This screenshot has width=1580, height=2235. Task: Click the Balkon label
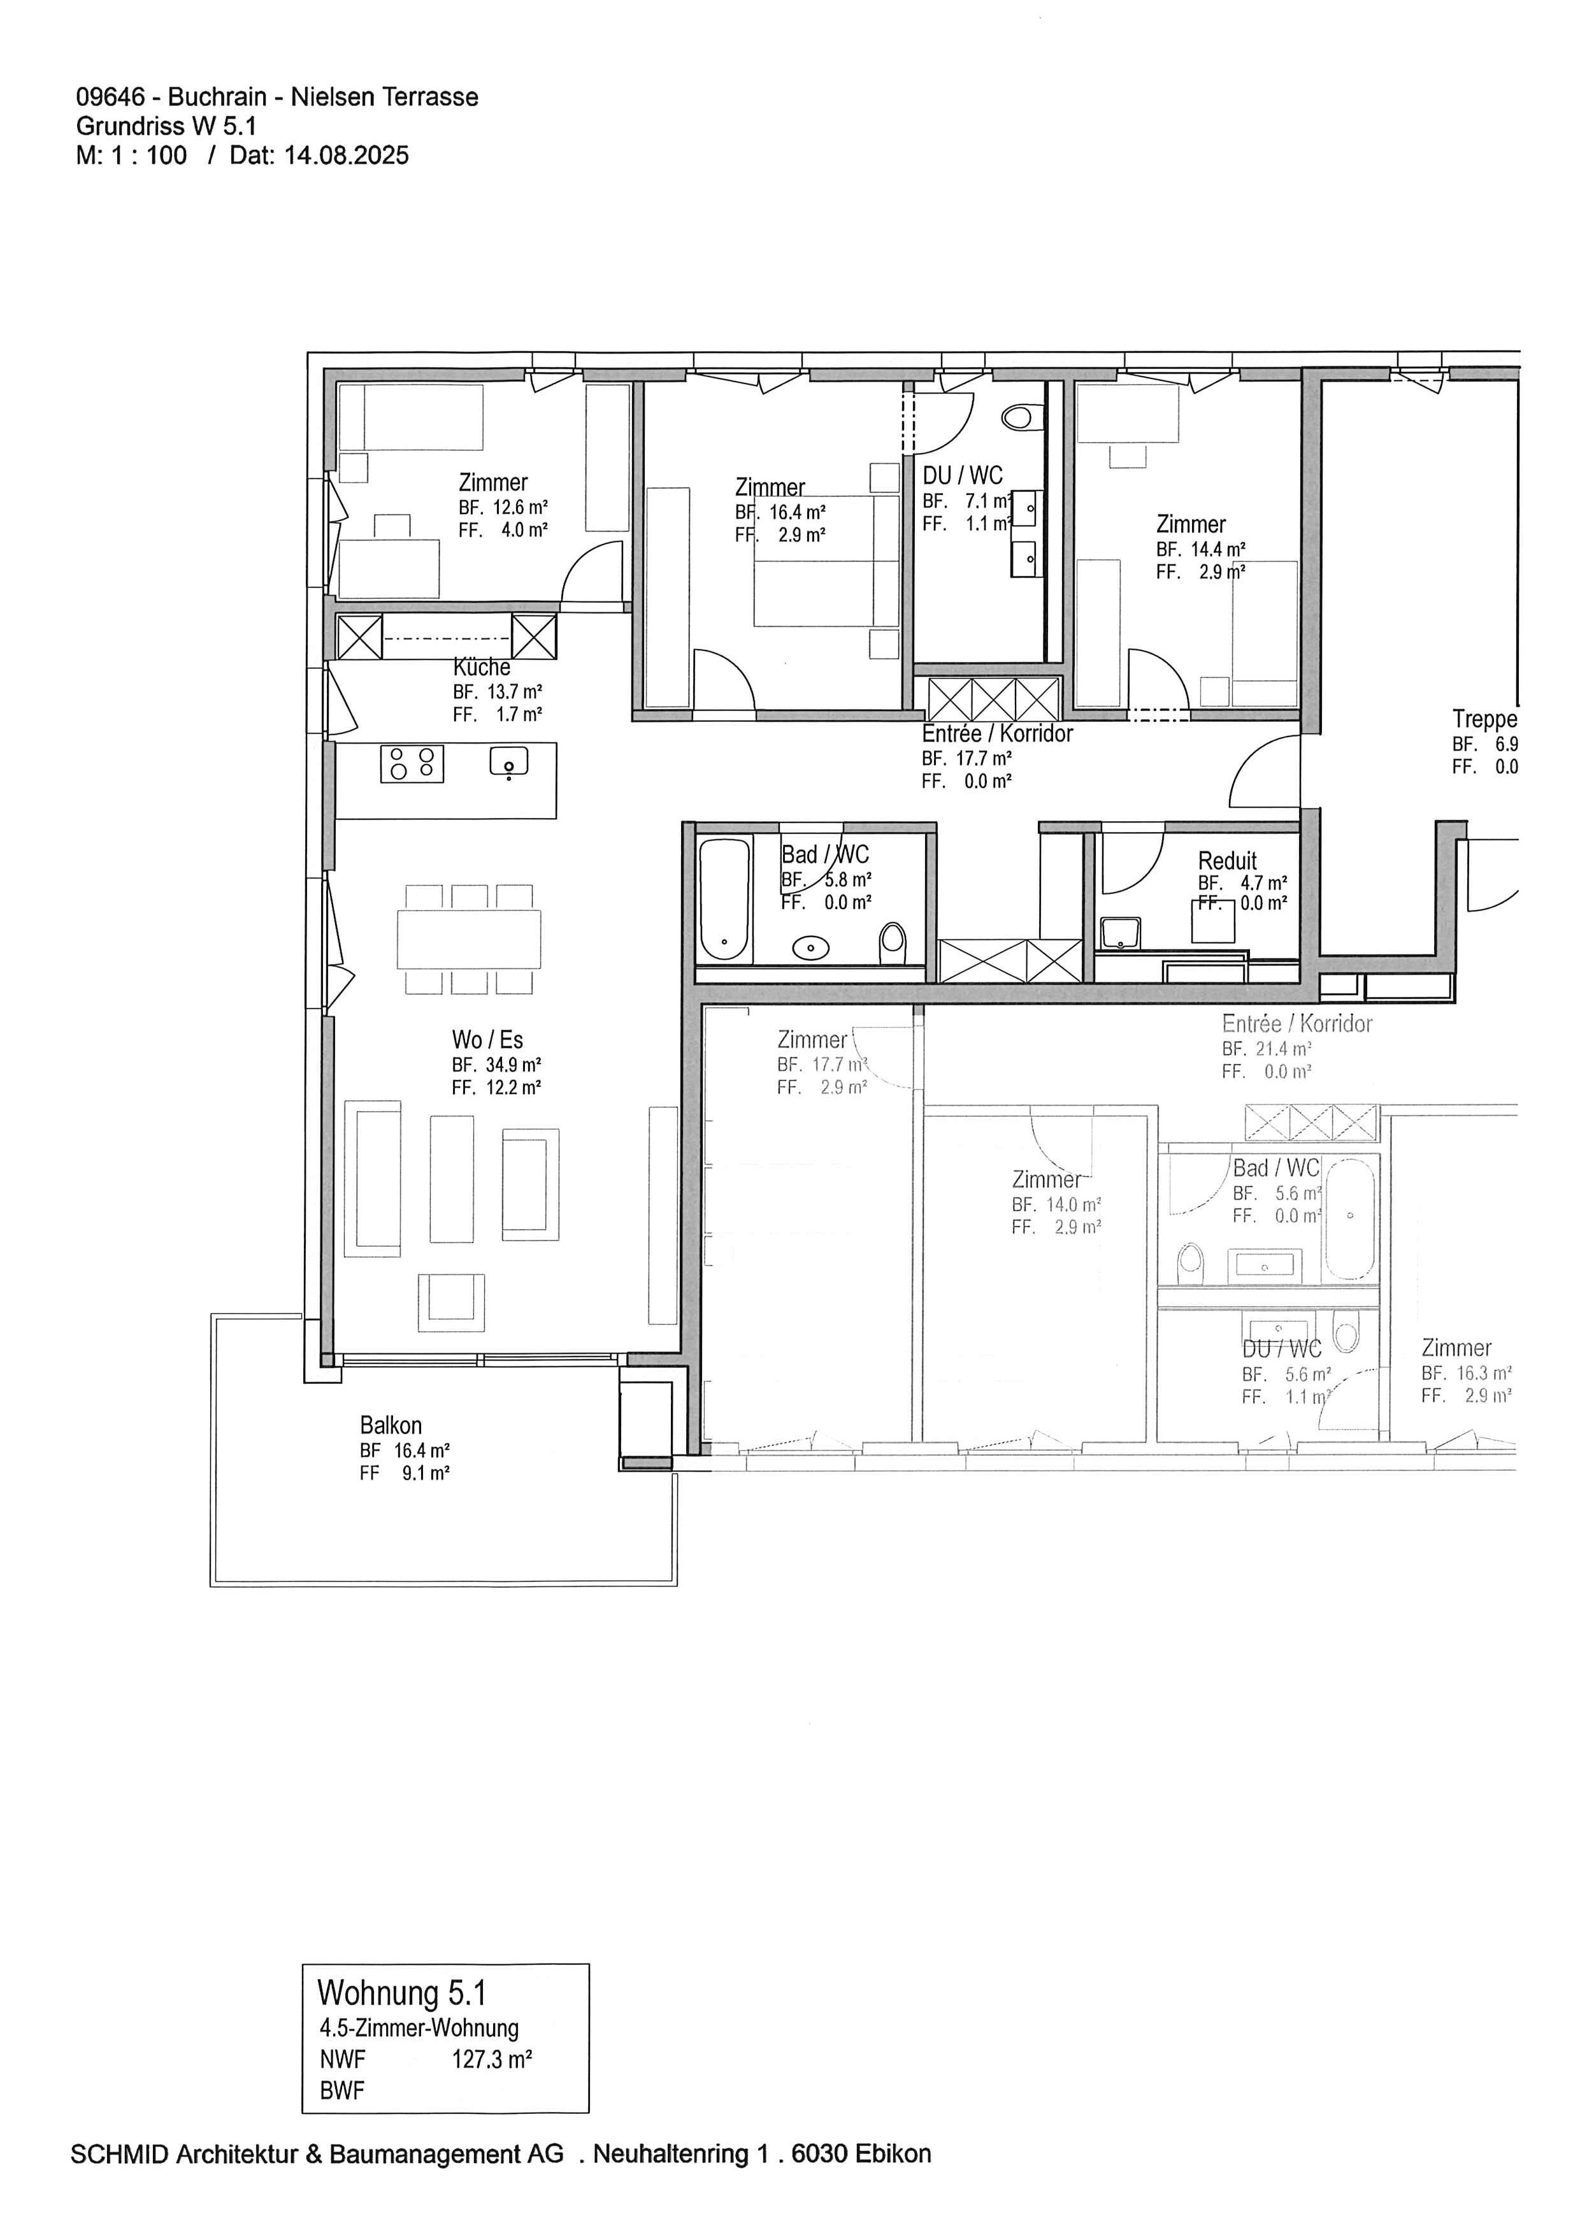(x=391, y=1425)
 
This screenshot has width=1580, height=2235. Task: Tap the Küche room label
(x=482, y=668)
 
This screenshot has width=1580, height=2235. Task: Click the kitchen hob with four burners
(x=412, y=763)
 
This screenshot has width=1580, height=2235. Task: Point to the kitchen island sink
(x=508, y=761)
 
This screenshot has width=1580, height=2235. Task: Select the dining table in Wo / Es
(x=468, y=939)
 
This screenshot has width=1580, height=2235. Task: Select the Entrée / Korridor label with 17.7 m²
(x=997, y=734)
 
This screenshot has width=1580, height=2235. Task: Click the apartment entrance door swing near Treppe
(x=1265, y=774)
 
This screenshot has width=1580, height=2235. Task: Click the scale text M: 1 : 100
(x=131, y=155)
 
